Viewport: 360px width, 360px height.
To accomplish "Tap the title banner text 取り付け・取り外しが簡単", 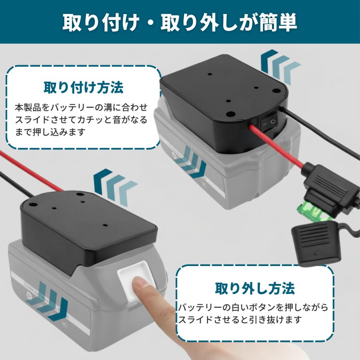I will [x=180, y=23].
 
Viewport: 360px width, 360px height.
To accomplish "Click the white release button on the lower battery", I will [x=135, y=277].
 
